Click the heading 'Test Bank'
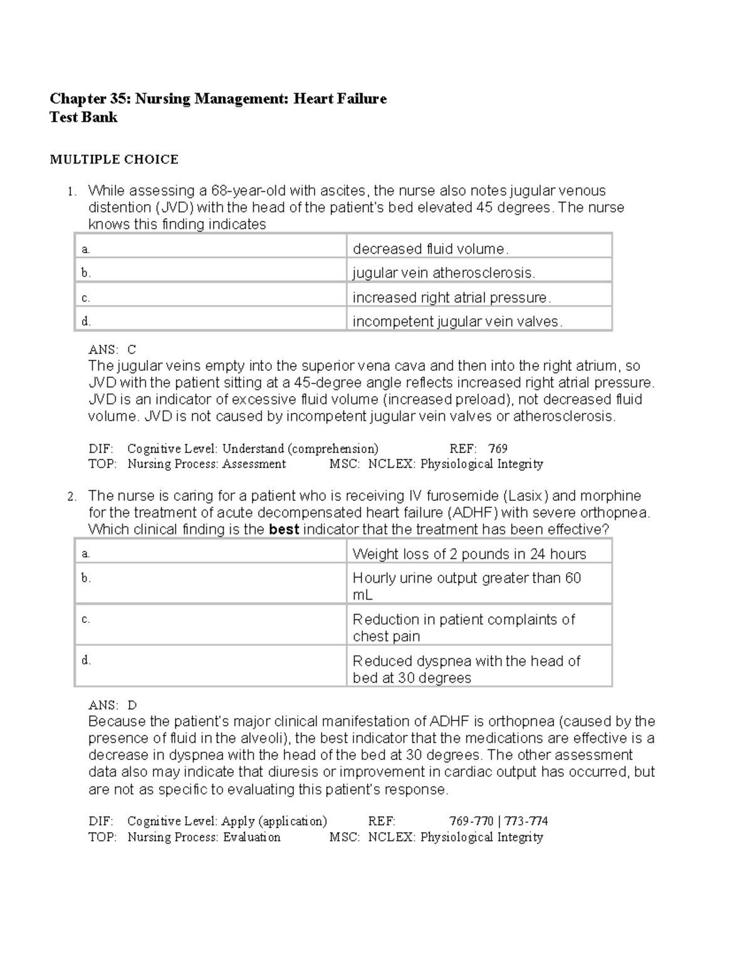(x=83, y=117)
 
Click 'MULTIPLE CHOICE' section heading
(x=114, y=160)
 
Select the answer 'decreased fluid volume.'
(x=431, y=249)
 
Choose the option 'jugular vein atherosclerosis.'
(x=444, y=273)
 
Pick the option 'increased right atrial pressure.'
(x=451, y=298)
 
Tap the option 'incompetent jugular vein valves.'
(x=457, y=322)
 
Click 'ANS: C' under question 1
(x=112, y=350)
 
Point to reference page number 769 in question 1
(x=498, y=449)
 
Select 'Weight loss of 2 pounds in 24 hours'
(x=469, y=554)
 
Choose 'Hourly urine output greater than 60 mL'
(x=466, y=586)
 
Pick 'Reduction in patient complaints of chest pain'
(x=463, y=627)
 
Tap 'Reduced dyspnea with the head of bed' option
(x=466, y=669)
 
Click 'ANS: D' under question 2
(x=112, y=705)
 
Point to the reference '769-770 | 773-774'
(x=498, y=821)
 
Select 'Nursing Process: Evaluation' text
(x=204, y=838)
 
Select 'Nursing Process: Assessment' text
(x=206, y=464)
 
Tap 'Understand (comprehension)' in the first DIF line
(x=300, y=449)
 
